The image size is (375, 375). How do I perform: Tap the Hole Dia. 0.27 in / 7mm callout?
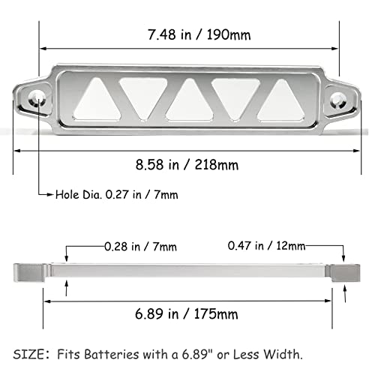[117, 194]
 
